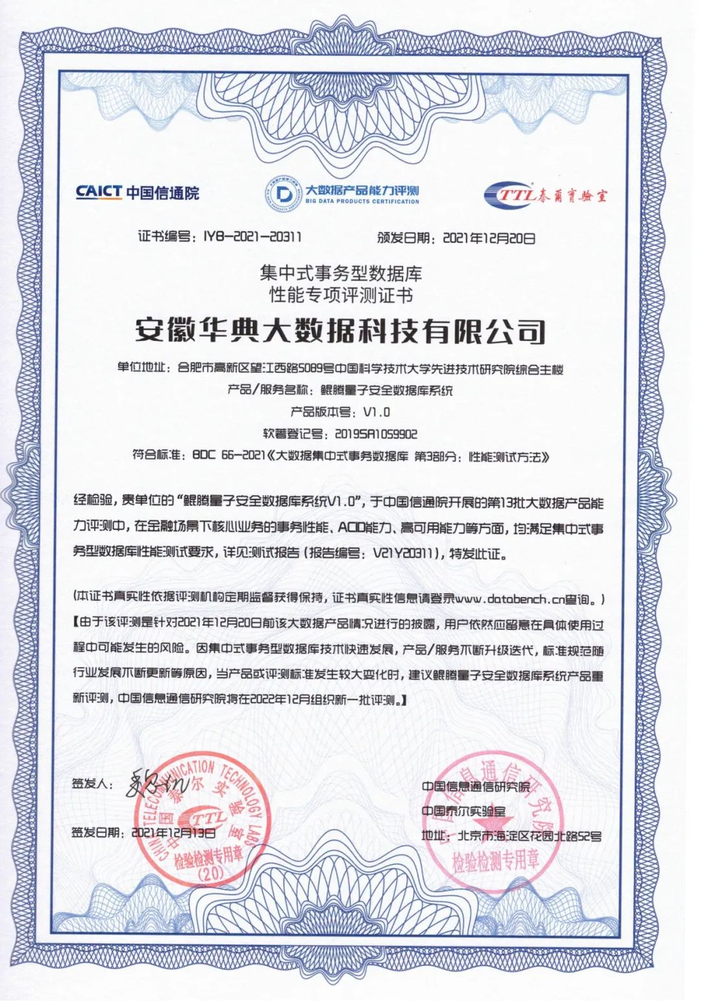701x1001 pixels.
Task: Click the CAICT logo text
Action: [x=99, y=192]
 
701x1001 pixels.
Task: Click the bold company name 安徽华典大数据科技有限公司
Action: [x=340, y=331]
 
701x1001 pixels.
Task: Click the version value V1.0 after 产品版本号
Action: [x=376, y=412]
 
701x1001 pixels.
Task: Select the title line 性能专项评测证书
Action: [x=341, y=296]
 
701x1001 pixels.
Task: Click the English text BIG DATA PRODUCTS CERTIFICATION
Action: [x=362, y=202]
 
